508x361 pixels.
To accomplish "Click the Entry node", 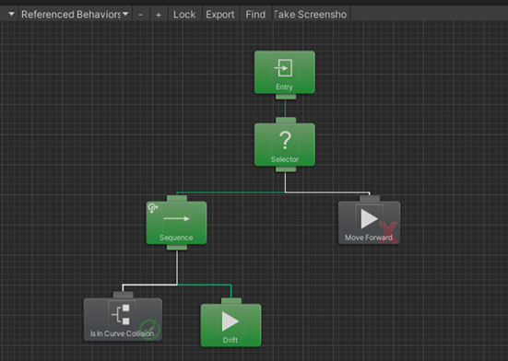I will [x=284, y=72].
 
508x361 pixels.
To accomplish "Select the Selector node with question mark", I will [x=285, y=146].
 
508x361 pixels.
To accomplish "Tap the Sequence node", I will [x=175, y=223].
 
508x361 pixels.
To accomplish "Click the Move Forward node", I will [x=369, y=223].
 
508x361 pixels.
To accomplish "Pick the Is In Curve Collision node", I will [x=122, y=319].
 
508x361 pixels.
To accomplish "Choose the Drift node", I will [x=230, y=324].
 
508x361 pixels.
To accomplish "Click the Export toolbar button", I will [x=219, y=15].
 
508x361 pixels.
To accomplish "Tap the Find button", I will [x=255, y=15].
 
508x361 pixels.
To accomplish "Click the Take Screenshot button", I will [x=311, y=15].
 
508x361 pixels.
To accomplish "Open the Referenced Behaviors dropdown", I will [x=75, y=15].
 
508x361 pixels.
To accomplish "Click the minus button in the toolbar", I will [x=140, y=15].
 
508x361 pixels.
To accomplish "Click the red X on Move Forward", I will [x=387, y=230].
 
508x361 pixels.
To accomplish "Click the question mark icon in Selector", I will [x=285, y=141].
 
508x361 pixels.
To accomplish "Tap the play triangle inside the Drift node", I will [x=230, y=320].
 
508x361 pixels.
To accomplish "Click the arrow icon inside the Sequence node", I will [x=175, y=219].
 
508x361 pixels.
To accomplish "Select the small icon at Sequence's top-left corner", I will [x=153, y=210].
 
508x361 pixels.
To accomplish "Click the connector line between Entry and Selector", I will [x=285, y=110].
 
